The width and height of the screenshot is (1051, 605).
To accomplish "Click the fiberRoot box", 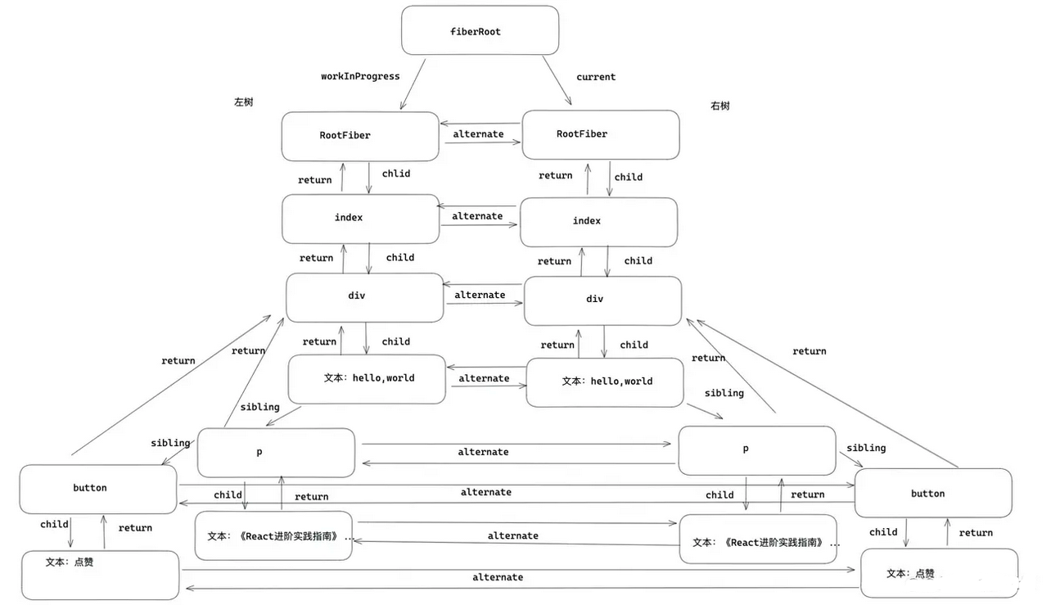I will pyautogui.click(x=480, y=30).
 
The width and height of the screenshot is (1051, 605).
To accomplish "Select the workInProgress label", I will pyautogui.click(x=360, y=76).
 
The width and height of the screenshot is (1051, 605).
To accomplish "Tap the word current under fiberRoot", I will pyautogui.click(x=595, y=77).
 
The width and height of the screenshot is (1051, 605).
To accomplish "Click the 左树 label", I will pyautogui.click(x=244, y=102).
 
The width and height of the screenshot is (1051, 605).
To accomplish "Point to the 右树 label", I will pyautogui.click(x=720, y=106).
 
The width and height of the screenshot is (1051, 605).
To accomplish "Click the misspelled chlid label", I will pyautogui.click(x=396, y=174).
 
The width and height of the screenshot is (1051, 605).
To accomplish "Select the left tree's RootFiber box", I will pyautogui.click(x=360, y=136).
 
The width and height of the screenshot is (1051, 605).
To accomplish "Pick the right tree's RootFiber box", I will pyautogui.click(x=600, y=134).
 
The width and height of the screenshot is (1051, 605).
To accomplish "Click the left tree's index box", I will pyautogui.click(x=360, y=219).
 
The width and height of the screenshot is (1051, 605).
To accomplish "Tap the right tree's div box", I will pyautogui.click(x=602, y=300).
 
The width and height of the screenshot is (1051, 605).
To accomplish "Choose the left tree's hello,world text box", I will pyautogui.click(x=367, y=378).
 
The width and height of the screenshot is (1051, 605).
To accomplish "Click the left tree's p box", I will pyautogui.click(x=276, y=452).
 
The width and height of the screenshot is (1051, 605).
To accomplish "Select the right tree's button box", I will pyautogui.click(x=932, y=493).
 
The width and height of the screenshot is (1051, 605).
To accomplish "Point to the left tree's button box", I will pyautogui.click(x=97, y=489).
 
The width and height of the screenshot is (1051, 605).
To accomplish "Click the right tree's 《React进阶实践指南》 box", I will pyautogui.click(x=758, y=541).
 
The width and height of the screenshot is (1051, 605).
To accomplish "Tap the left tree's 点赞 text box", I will pyautogui.click(x=100, y=575).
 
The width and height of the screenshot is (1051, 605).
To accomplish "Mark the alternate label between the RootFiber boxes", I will pyautogui.click(x=478, y=134).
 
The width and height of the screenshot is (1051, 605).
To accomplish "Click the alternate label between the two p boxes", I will pyautogui.click(x=483, y=452).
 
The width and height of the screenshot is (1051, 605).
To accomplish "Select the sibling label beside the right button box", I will pyautogui.click(x=866, y=448).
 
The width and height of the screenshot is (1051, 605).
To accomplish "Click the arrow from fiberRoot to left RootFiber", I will pyautogui.click(x=413, y=84).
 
